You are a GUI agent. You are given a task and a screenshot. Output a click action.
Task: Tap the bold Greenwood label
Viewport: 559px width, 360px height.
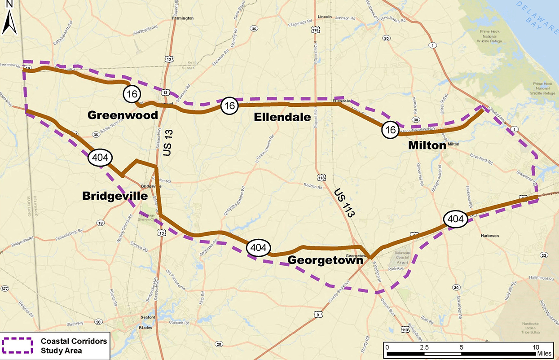(x=123, y=115)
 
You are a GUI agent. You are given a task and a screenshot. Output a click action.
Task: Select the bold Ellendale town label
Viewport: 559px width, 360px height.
(x=282, y=117)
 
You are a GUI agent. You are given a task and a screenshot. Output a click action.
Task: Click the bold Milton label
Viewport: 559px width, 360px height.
(x=427, y=145)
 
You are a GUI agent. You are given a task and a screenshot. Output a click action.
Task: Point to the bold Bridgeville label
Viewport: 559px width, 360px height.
(x=114, y=196)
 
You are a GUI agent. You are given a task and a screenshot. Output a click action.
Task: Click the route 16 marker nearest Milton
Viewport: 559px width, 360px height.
(x=390, y=130)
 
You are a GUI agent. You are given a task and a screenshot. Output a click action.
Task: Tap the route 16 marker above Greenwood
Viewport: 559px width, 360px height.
(x=132, y=94)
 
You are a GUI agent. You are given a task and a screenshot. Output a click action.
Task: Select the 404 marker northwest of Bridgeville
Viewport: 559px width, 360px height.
(x=100, y=158)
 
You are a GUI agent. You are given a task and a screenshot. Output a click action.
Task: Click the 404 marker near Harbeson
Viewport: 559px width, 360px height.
(x=455, y=219)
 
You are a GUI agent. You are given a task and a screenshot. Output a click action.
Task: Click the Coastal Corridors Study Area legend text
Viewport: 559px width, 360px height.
(x=74, y=346)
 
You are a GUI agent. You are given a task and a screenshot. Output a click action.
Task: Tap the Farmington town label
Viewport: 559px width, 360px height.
(x=183, y=18)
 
